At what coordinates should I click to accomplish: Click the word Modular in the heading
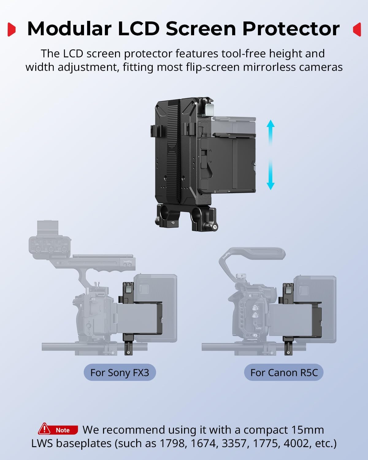point(69,29)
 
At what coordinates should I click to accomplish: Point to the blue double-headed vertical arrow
point(270,155)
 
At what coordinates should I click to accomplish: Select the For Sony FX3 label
point(120,373)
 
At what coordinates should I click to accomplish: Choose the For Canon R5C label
point(284,373)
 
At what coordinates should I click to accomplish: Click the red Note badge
point(58,430)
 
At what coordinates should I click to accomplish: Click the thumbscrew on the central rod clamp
point(215,227)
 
